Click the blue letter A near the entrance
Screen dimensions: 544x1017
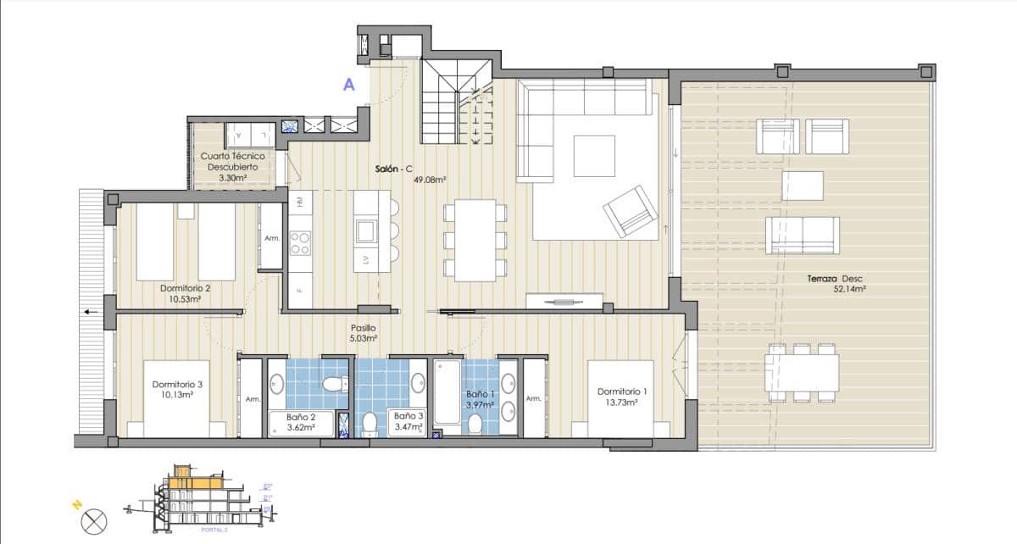(x=348, y=84)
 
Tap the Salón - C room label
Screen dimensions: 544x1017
(x=393, y=169)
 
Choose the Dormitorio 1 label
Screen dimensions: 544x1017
(x=622, y=391)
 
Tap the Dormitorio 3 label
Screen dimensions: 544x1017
(x=177, y=385)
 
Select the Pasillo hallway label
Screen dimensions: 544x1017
(x=364, y=328)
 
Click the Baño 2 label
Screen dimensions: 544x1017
(x=301, y=417)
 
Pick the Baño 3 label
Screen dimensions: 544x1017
(x=408, y=416)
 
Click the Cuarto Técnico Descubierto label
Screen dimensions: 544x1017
(x=232, y=162)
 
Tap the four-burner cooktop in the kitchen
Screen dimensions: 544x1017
(x=300, y=244)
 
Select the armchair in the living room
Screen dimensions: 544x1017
(x=630, y=211)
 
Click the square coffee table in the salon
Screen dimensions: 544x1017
(x=594, y=155)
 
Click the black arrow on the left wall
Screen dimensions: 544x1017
(x=90, y=313)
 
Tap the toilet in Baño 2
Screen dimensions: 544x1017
(x=336, y=385)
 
